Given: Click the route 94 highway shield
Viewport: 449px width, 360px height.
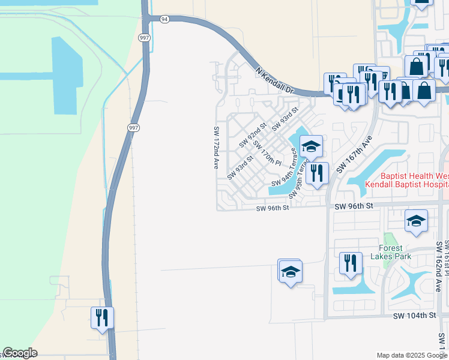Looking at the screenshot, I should tap(165, 19).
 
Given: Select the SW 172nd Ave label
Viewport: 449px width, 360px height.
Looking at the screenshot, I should tap(215, 147).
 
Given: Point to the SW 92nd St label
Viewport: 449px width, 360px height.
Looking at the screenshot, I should tap(253, 135).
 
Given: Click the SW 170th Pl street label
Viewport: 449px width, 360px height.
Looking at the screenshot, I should tap(267, 153).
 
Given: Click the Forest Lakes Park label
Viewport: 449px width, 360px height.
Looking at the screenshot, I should tap(395, 251).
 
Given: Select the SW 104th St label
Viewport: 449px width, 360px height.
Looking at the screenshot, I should tap(414, 316).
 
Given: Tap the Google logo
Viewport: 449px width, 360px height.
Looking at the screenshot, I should tap(20, 353).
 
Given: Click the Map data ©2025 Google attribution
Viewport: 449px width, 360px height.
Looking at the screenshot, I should tap(412, 355).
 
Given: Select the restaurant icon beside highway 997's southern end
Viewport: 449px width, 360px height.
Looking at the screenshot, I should tap(102, 317).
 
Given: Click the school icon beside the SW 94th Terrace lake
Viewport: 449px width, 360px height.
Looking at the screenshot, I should tap(312, 146).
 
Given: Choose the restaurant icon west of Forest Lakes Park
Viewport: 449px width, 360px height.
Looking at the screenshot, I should tap(351, 263).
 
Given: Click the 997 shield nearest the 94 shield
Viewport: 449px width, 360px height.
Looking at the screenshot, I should tap(144, 38).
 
